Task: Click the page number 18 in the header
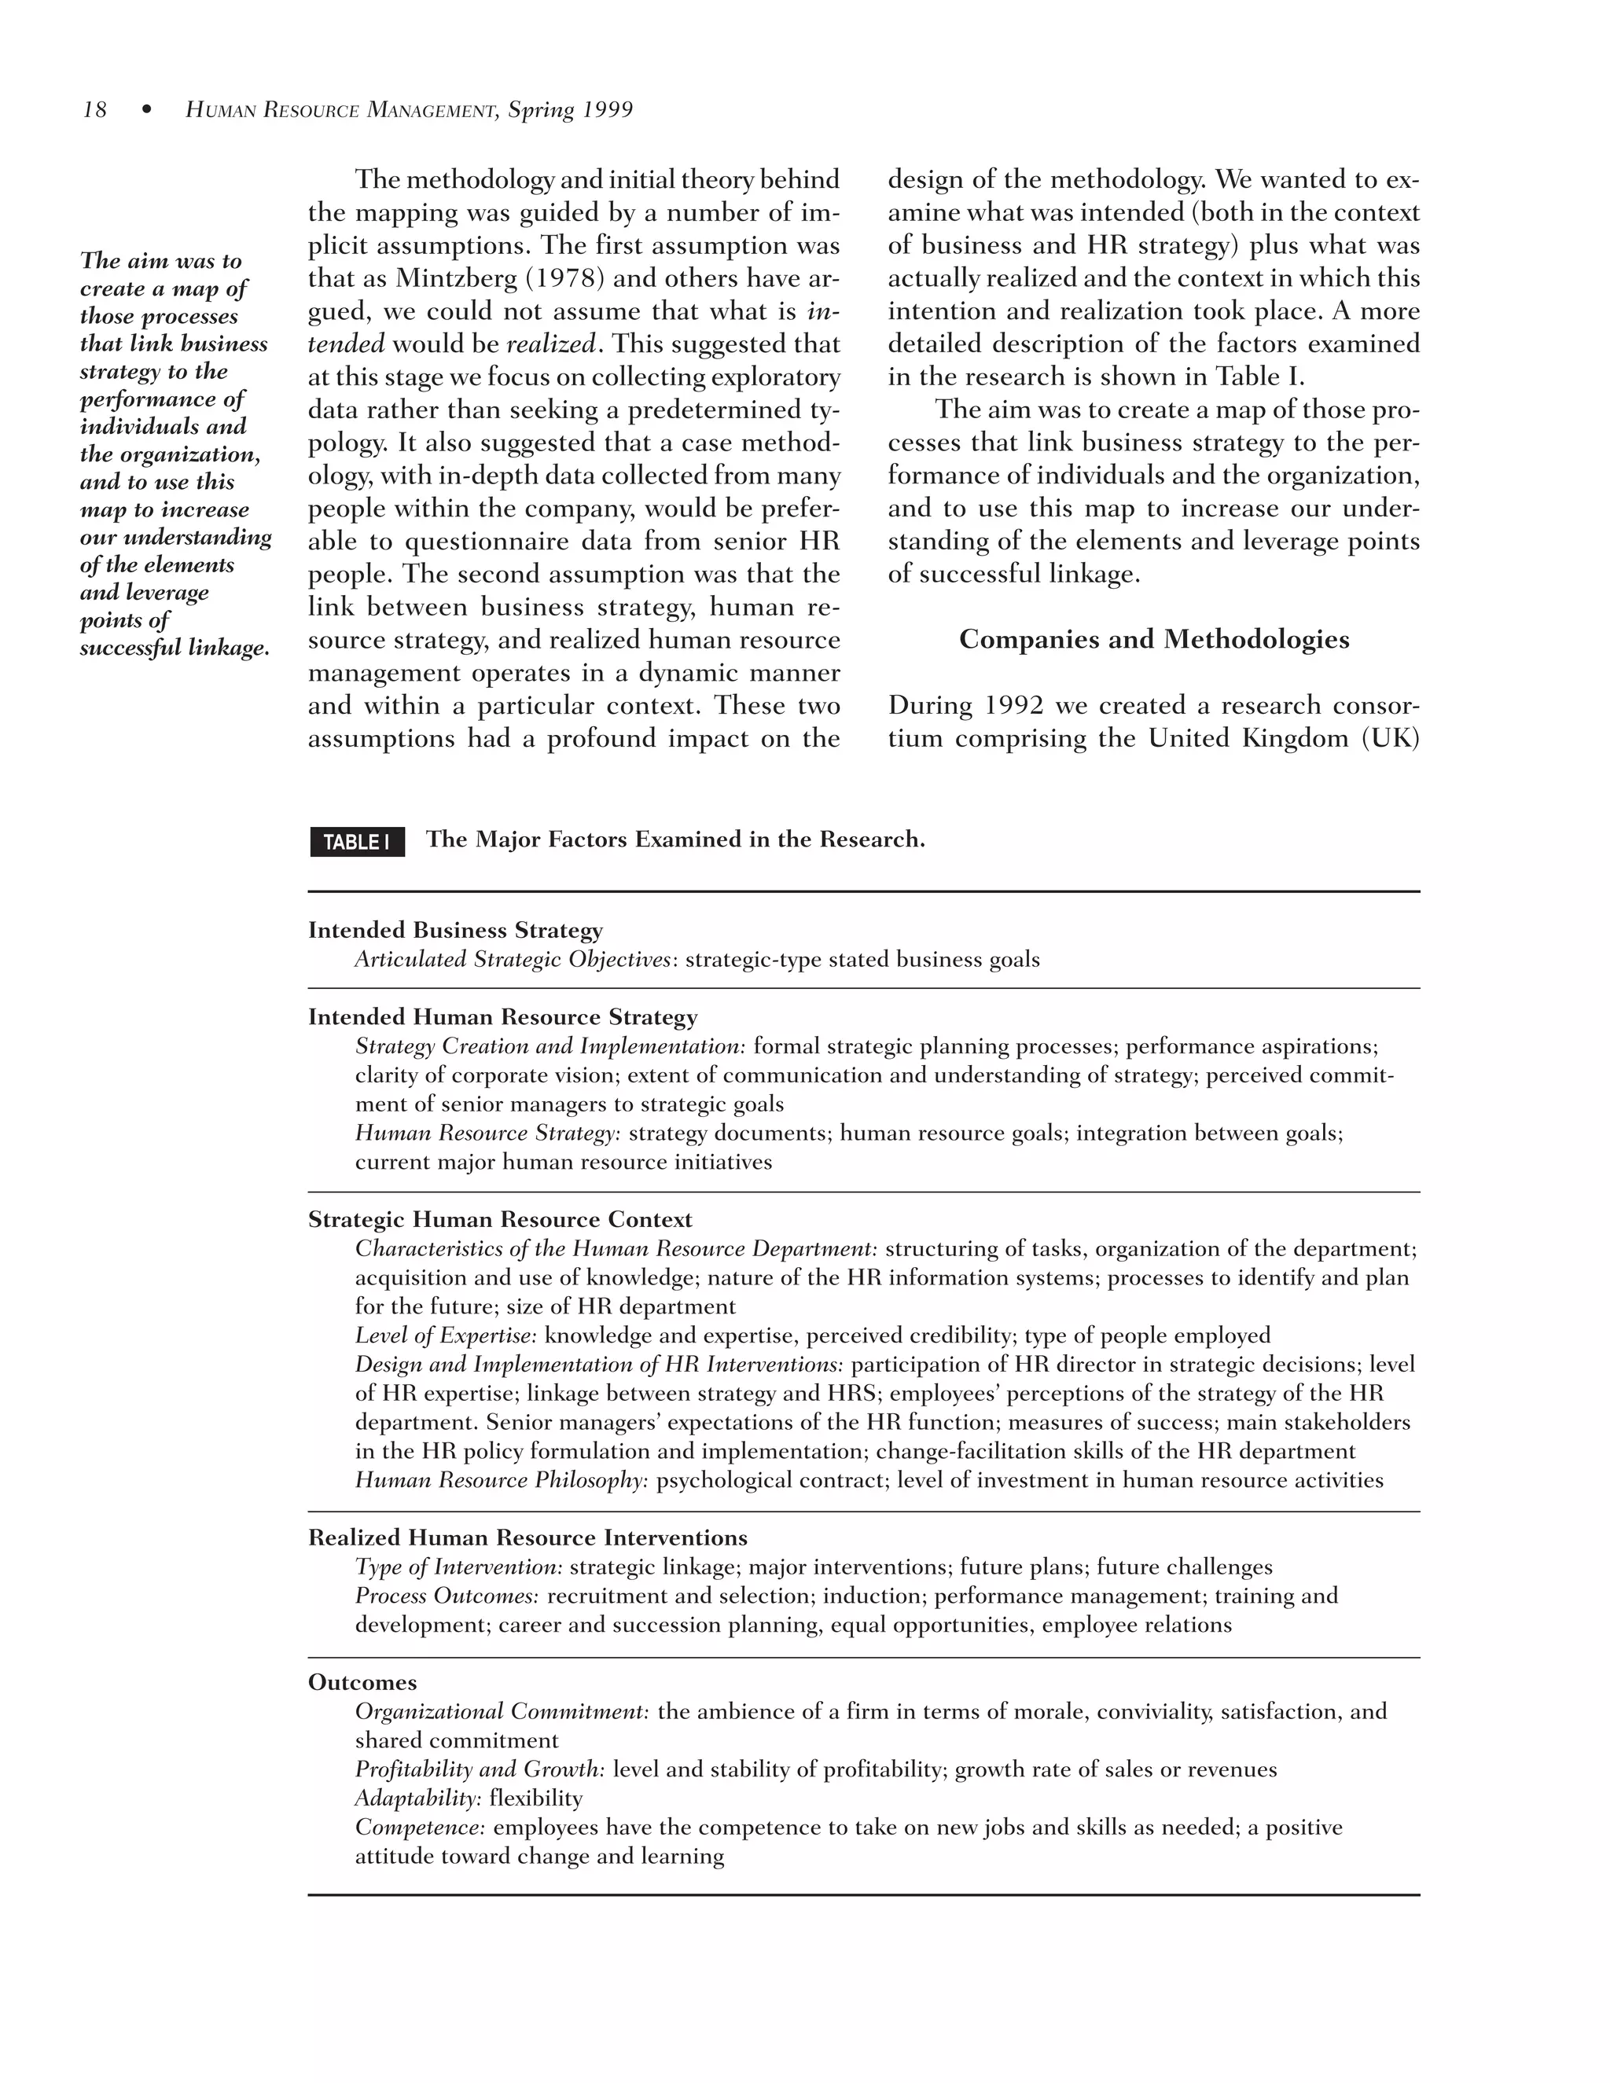[94, 111]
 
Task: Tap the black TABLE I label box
[357, 842]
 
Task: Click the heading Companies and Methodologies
[1153, 639]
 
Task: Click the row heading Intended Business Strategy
[455, 930]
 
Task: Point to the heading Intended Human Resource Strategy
[502, 1016]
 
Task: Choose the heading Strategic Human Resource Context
[500, 1220]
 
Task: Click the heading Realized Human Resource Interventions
[527, 1537]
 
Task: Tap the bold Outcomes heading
[362, 1682]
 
